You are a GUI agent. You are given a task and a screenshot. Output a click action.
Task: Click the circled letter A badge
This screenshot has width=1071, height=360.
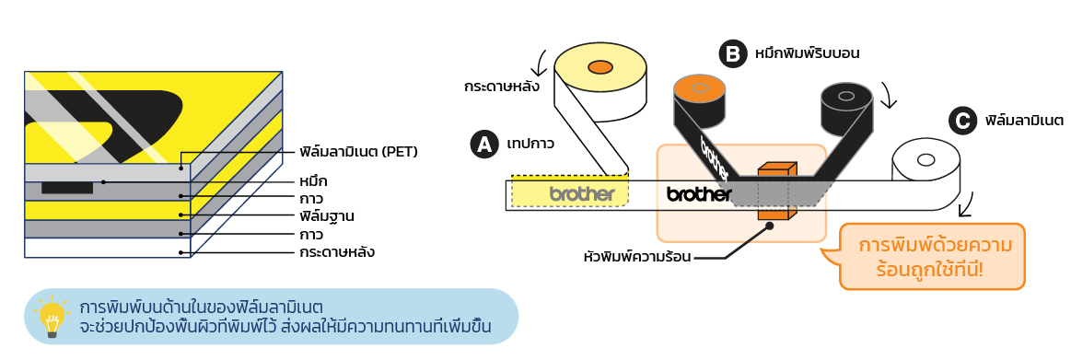483,145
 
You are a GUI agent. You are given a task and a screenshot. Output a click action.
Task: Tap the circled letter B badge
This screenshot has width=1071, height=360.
732,53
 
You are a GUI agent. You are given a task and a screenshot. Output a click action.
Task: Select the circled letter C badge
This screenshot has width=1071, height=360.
961,121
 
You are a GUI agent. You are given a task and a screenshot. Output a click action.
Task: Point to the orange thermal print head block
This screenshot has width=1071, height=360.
774,192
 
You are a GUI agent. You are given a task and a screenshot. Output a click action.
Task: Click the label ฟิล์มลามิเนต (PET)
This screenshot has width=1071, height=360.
359,151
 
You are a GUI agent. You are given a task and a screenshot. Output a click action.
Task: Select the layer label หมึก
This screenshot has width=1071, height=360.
314,180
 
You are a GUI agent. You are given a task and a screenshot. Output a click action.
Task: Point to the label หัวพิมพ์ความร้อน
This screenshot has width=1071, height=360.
636,256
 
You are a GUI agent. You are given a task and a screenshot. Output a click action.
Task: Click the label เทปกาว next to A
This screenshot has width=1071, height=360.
530,145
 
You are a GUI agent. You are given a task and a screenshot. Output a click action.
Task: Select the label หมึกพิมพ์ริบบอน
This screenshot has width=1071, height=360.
806,53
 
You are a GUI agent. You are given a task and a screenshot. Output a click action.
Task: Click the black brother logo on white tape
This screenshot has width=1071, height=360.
698,194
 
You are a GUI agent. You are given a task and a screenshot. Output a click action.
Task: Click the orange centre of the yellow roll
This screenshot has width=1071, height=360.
600,67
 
